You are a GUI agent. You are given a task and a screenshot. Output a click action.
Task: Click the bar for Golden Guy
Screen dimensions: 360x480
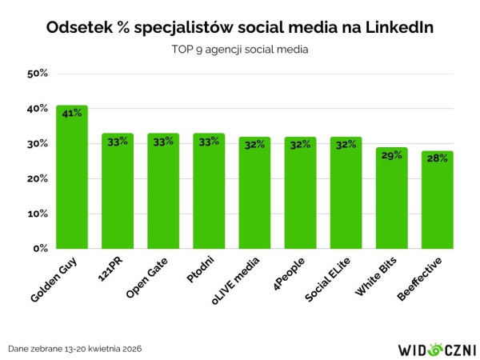click(72, 180)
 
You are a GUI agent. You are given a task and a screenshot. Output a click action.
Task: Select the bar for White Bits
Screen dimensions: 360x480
click(392, 200)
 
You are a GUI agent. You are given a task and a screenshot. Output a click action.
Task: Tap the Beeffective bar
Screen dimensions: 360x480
click(438, 202)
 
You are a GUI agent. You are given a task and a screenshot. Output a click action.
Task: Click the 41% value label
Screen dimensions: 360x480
click(72, 114)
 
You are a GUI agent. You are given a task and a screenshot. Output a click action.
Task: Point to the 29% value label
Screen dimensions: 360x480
click(392, 155)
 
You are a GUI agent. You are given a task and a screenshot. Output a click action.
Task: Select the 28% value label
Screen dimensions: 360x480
click(438, 158)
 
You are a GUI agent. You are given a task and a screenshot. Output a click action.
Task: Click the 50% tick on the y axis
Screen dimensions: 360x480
click(38, 74)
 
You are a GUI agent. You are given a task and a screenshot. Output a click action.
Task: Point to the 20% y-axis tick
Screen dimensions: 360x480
click(38, 179)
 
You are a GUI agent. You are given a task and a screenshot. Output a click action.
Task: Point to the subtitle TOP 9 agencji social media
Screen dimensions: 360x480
click(240, 50)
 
